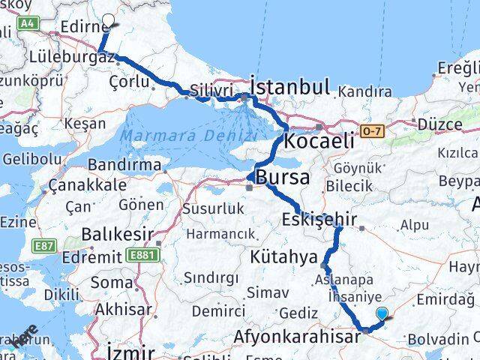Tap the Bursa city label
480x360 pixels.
click(282, 178)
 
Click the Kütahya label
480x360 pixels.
click(284, 257)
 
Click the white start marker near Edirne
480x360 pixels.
click(109, 22)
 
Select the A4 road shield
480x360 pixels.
click(28, 24)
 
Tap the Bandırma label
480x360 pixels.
click(124, 165)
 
